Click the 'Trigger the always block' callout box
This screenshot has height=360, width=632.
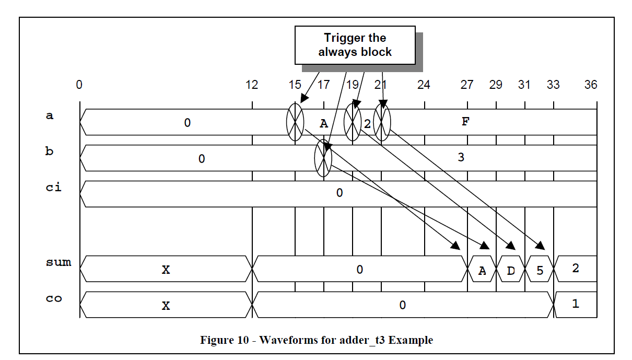point(355,45)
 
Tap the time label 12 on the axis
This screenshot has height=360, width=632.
point(252,85)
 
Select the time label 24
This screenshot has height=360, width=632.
point(424,85)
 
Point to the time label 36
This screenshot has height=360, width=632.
point(591,85)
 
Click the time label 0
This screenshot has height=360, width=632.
point(79,85)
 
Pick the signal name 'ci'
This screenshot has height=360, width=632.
point(53,187)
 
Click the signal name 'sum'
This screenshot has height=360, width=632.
point(58,262)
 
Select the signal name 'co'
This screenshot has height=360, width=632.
point(54,299)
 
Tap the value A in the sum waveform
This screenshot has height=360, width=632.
point(482,271)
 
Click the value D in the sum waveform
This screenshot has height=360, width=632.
point(510,271)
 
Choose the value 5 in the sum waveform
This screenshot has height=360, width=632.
point(540,271)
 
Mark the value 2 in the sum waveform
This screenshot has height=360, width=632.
point(576,269)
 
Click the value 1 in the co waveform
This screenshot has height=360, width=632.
point(576,304)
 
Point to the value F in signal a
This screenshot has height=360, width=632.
point(466,122)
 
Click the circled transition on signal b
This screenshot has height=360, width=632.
point(323,158)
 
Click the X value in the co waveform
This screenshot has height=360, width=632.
point(166,306)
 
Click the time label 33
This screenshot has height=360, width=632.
point(553,85)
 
